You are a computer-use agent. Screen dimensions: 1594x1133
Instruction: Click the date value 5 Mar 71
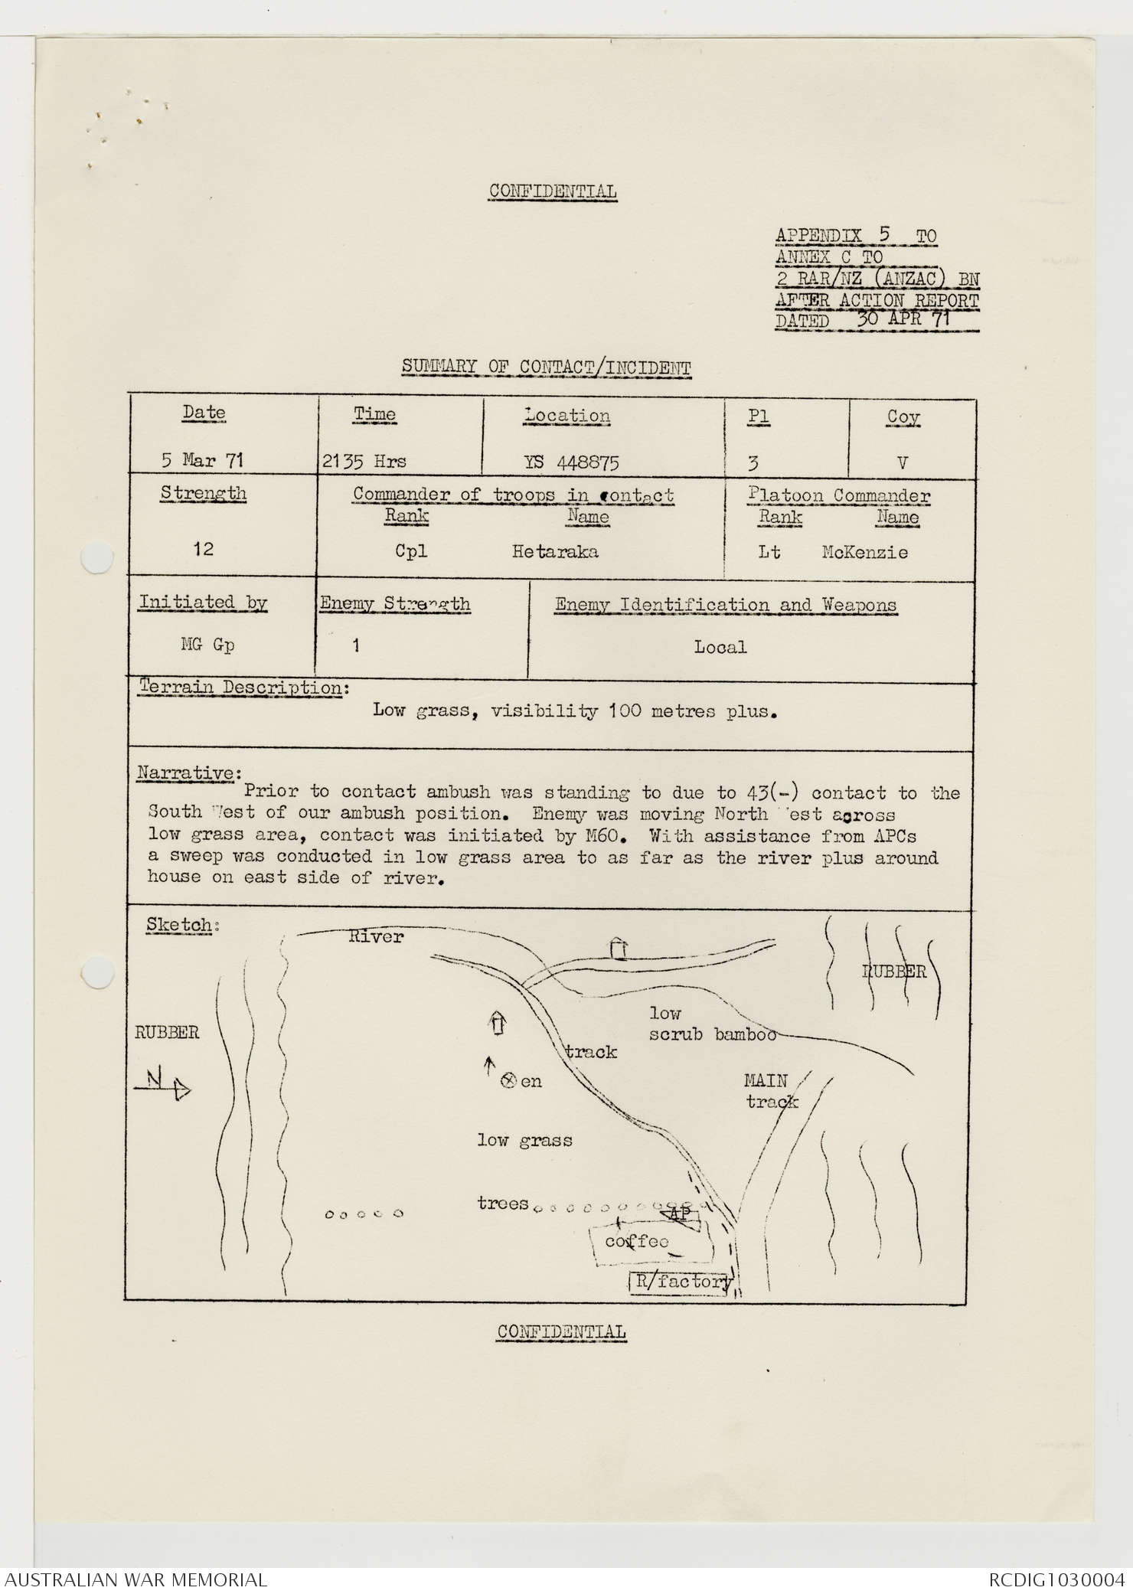click(x=202, y=460)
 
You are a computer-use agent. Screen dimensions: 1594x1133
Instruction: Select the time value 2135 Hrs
click(x=364, y=462)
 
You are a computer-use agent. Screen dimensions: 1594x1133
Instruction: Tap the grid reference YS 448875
click(x=571, y=462)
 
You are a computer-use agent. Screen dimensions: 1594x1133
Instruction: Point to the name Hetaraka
click(x=555, y=551)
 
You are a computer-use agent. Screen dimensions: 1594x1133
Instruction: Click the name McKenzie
click(x=864, y=552)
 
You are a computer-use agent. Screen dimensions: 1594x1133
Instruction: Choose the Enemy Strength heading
click(x=395, y=603)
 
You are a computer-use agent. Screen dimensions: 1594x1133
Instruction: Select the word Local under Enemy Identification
click(x=720, y=647)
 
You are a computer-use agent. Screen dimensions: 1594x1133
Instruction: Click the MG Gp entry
click(x=207, y=645)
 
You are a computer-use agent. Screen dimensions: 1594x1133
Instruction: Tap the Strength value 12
click(x=203, y=549)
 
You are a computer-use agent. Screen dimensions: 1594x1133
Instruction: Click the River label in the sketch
click(x=375, y=936)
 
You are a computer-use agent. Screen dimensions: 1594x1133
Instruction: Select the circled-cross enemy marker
click(x=507, y=1080)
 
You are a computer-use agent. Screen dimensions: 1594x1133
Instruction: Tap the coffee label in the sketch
click(x=636, y=1241)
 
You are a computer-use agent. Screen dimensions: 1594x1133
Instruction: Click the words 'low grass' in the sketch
click(x=524, y=1140)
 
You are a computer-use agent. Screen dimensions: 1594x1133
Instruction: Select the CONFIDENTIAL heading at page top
click(x=553, y=191)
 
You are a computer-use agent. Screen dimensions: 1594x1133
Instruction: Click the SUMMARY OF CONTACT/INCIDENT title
click(x=546, y=367)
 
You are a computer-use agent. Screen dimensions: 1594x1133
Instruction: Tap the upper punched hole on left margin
click(x=96, y=557)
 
